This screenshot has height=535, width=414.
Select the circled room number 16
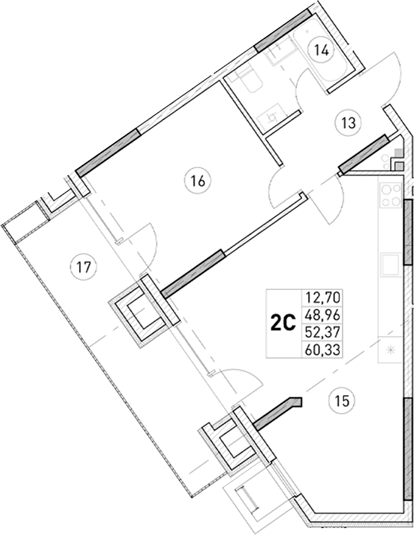tap(197, 182)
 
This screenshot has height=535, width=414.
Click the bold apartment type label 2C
tap(283, 324)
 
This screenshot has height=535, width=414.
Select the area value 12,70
tap(321, 298)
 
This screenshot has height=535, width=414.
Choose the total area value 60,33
tap(321, 349)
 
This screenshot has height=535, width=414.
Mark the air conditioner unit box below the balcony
tap(247, 500)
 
